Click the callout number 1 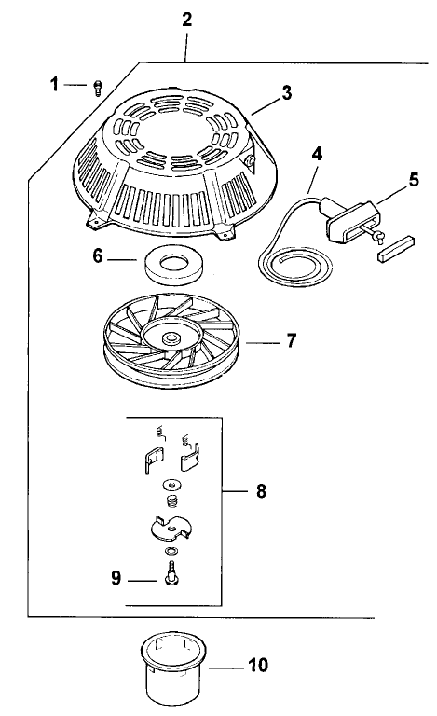coord(54,85)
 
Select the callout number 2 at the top coord(187,19)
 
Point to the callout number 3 coord(287,93)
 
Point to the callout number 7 coord(291,341)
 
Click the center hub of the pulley coord(171,336)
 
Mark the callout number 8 coord(261,489)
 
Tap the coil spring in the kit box coord(171,502)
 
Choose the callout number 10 coord(258,666)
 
